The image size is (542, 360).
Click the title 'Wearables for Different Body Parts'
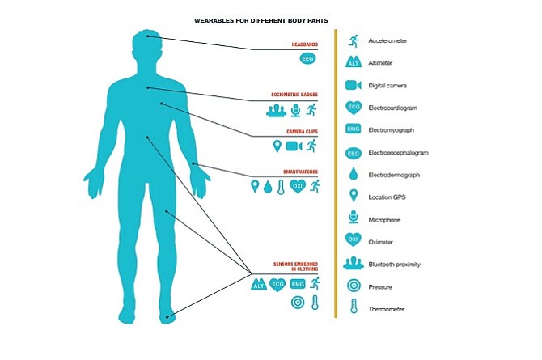coord(261,21)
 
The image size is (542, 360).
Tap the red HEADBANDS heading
coord(304,44)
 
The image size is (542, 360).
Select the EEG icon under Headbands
coord(307,59)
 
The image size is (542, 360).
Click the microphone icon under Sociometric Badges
coord(295,110)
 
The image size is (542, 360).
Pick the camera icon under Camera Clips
coord(294,146)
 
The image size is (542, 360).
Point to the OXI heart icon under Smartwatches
coord(298,186)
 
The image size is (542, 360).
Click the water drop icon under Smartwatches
coord(268,187)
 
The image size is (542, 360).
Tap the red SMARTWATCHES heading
coord(300,172)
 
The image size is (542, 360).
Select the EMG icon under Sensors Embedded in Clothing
coord(298,284)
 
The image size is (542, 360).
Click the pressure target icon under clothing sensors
coord(298,303)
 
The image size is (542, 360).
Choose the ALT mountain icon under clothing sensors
coord(259,284)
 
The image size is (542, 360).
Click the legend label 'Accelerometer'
coord(387,40)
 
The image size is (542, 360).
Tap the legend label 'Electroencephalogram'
coord(398,153)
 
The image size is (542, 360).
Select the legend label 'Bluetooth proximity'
coord(394,265)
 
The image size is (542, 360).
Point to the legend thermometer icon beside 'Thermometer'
coord(354,306)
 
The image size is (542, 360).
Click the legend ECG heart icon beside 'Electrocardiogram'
coord(354,108)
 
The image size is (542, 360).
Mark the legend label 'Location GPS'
coord(387,197)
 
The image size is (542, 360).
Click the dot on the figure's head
coord(147,36)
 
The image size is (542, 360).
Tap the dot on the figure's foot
coord(167,317)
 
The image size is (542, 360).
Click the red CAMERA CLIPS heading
coord(302,132)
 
